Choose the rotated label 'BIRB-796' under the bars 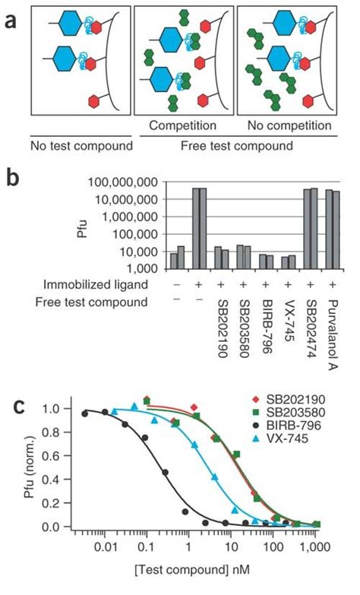[x=245, y=323]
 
